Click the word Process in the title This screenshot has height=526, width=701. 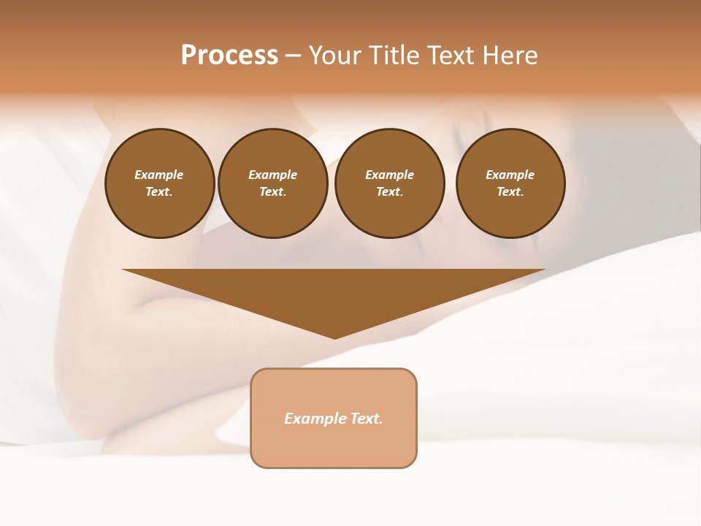[229, 56]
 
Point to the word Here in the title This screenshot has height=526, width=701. [509, 56]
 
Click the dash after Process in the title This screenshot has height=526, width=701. [294, 56]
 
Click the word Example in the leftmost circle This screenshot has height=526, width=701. [159, 175]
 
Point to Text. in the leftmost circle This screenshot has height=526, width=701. [159, 191]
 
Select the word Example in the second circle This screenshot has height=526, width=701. [273, 175]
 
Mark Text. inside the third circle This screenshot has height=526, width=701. [390, 191]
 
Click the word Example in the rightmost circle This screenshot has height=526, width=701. [510, 175]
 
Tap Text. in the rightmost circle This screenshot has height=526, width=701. [510, 191]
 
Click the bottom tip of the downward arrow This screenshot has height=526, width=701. [334, 337]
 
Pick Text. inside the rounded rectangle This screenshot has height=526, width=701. [367, 419]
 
